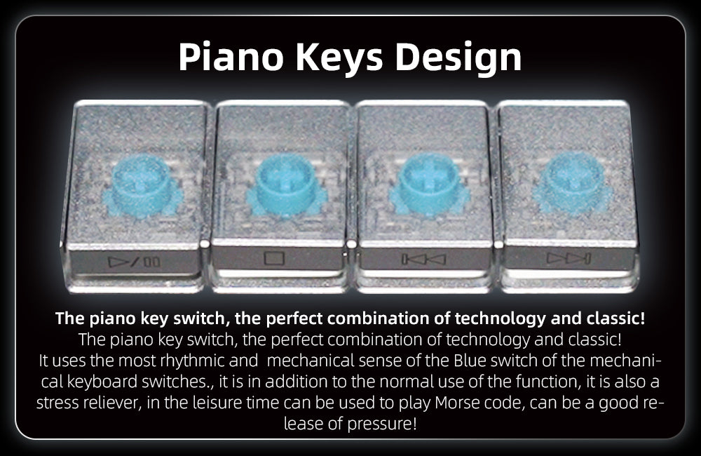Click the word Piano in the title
231,58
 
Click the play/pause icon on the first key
134,261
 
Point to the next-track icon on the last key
569,258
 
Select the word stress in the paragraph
58,403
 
